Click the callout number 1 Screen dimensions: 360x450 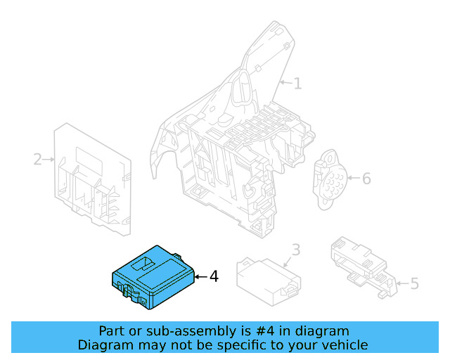coord(297,84)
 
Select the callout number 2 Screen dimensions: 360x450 coord(37,160)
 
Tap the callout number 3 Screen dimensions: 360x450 coord(296,250)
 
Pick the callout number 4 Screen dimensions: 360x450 coord(214,277)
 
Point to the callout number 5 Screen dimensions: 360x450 coord(414,283)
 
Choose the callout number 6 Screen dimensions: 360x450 coord(366,179)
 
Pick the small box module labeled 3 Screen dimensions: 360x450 coord(268,281)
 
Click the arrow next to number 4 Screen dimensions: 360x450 coord(200,277)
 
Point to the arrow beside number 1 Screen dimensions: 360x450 coord(285,84)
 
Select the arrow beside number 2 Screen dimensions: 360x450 coord(49,160)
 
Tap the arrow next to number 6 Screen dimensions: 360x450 coord(352,179)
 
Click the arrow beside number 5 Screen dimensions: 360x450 coord(401,283)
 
